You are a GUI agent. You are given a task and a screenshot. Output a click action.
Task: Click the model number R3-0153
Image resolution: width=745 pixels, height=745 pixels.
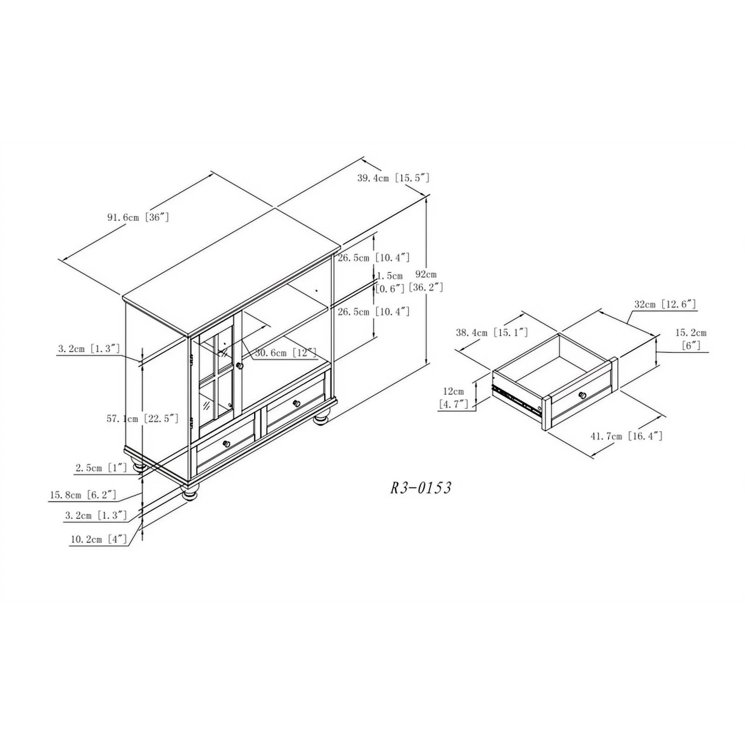point(420,488)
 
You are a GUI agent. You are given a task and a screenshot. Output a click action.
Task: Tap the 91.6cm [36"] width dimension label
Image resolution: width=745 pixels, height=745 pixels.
point(138,217)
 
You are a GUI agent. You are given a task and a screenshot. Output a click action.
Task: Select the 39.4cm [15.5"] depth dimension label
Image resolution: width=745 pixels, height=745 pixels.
point(393,178)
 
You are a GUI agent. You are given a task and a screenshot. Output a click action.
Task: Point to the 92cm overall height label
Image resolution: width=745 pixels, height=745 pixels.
point(426,274)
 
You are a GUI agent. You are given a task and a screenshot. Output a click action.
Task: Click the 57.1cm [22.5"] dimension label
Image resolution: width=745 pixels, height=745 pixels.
point(142,419)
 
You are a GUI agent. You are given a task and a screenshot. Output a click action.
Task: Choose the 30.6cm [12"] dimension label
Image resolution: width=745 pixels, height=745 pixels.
point(285,352)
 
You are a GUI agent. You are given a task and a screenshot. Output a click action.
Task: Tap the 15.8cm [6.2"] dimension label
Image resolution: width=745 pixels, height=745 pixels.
point(83,494)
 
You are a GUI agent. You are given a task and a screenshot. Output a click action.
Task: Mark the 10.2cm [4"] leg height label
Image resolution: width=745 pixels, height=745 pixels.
point(99,539)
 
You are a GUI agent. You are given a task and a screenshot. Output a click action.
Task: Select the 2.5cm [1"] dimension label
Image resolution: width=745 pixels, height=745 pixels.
point(101,467)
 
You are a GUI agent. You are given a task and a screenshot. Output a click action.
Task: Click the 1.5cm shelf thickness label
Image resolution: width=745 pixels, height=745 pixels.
point(390,276)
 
